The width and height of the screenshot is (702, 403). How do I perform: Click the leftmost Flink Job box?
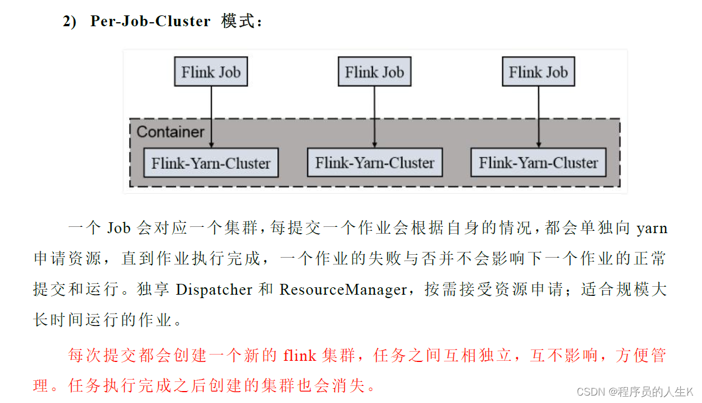click(x=211, y=72)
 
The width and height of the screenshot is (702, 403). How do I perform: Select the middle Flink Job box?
click(x=374, y=72)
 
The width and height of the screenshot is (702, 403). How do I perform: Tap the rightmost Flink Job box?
click(x=538, y=72)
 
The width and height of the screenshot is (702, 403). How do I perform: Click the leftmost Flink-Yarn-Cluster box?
click(x=211, y=163)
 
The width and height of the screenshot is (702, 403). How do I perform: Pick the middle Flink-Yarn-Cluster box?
click(x=374, y=162)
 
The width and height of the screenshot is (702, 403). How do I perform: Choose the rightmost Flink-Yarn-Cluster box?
click(x=538, y=162)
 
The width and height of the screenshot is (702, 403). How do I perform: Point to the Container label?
click(x=170, y=132)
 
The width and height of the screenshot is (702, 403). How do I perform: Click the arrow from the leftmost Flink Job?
click(x=211, y=114)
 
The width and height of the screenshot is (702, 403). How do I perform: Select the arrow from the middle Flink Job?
click(x=374, y=114)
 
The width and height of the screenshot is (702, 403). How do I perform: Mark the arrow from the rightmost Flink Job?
click(x=538, y=114)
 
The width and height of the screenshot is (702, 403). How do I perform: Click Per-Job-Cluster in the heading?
click(x=150, y=22)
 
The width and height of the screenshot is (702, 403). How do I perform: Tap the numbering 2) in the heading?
click(x=69, y=22)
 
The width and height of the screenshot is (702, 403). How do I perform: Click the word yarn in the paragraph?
click(x=651, y=229)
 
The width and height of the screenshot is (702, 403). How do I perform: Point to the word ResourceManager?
click(x=342, y=290)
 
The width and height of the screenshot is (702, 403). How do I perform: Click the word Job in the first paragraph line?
click(x=119, y=229)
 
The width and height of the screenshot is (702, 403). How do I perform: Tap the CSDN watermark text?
click(x=634, y=392)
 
